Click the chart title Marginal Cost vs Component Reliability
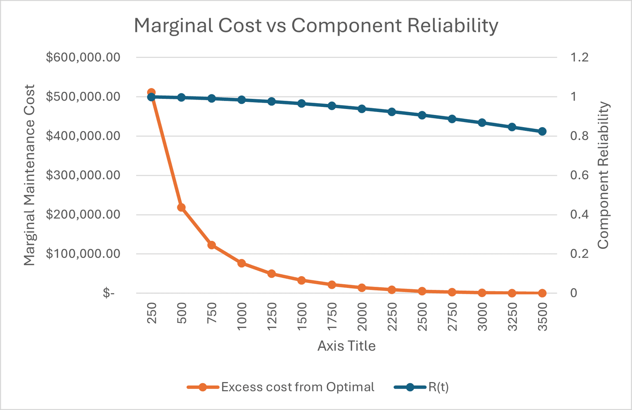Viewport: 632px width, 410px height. pos(316,26)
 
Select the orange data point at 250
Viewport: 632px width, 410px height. pos(151,92)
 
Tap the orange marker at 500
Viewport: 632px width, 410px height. pos(182,208)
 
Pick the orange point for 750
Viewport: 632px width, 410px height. pos(212,245)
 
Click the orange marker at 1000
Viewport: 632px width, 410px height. pos(241,263)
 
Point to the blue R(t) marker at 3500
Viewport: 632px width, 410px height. pos(542,131)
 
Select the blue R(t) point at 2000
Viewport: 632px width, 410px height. pos(362,109)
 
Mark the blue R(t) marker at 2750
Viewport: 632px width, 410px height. pos(452,119)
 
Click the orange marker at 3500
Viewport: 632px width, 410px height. pos(542,293)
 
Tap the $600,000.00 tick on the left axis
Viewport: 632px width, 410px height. pos(83,57)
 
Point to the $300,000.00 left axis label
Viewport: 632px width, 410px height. pos(83,175)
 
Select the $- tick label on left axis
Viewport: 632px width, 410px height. pos(109,293)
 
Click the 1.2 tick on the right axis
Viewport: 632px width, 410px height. pos(579,57)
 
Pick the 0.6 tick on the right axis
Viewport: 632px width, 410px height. pos(579,175)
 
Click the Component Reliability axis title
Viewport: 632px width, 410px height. pos(603,175)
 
